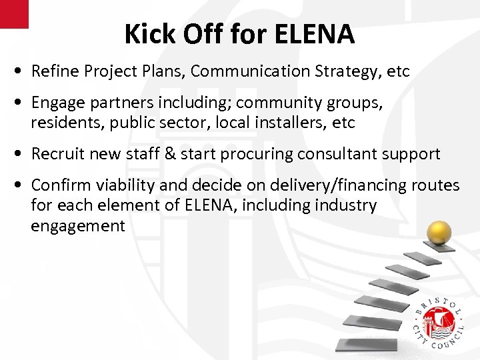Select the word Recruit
[x=59, y=154]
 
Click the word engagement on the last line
[x=77, y=226]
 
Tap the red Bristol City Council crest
[x=438, y=324]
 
